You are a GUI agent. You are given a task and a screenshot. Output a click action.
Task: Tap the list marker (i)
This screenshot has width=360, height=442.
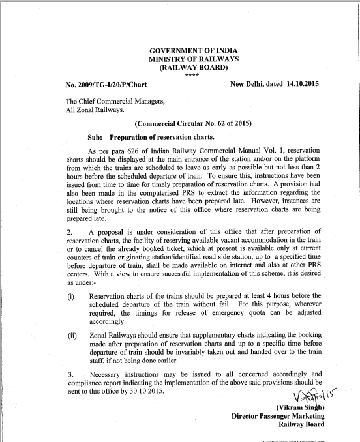pyautogui.click(x=71, y=297)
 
